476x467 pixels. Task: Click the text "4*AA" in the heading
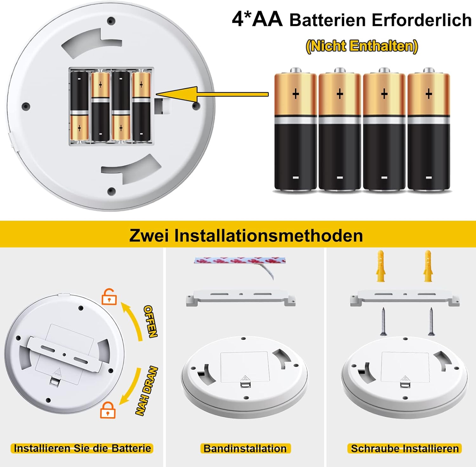coord(257,19)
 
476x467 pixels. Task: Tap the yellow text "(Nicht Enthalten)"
coord(362,46)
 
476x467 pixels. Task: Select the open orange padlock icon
coord(109,297)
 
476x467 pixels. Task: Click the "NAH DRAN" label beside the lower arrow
coord(147,391)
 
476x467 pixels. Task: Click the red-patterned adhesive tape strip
coord(240,261)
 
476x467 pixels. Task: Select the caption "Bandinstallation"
coord(245,448)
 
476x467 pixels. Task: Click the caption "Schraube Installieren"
coord(405,448)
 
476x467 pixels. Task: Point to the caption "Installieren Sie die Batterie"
coord(82,448)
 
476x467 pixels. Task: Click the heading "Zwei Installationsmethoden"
coord(246,236)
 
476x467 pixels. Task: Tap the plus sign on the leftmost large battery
coord(295,94)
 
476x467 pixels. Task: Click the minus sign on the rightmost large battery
coord(428,178)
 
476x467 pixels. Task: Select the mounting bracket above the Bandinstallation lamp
coord(241,297)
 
